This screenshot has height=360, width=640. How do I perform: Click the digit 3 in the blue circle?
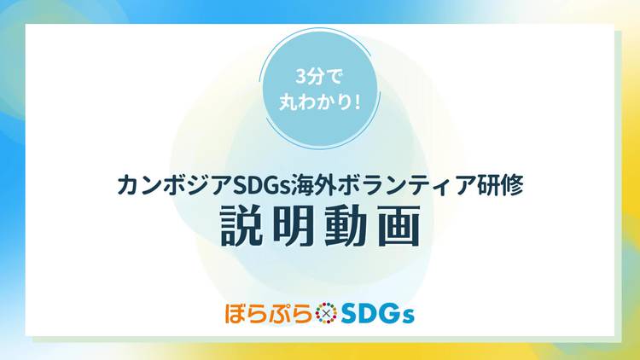[301, 77]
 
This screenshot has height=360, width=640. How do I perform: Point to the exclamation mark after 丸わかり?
[358, 102]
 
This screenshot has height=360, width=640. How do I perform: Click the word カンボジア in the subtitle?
[175, 185]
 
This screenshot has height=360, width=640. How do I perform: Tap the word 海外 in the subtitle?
[313, 185]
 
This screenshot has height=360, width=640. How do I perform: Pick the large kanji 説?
[241, 226]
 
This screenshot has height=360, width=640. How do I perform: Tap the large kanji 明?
[294, 226]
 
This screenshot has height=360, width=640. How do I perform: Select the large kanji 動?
[346, 226]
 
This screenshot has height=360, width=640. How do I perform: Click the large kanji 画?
[399, 226]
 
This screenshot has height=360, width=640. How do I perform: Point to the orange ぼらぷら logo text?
[268, 313]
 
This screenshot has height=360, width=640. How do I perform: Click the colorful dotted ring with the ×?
[326, 313]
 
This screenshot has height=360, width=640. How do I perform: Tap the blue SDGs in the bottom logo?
[377, 314]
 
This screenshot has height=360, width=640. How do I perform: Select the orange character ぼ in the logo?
[236, 313]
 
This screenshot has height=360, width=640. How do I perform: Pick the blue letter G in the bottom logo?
[391, 314]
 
